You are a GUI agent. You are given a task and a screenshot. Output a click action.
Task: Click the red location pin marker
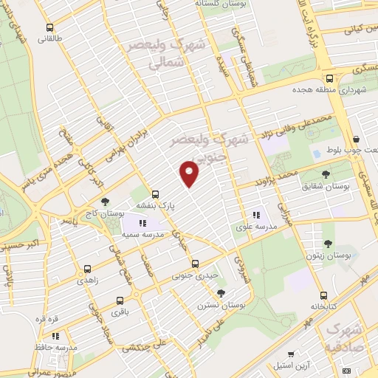(x=190, y=173)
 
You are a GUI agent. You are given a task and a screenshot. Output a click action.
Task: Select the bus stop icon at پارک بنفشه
(x=156, y=195)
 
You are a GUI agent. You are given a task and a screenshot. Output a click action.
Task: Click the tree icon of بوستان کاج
(x=106, y=201)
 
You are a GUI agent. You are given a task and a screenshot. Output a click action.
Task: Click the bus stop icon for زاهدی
(x=88, y=269)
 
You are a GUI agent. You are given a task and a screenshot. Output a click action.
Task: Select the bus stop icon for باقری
(x=122, y=301)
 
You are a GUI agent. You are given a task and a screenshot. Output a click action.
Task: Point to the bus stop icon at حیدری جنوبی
(x=195, y=264)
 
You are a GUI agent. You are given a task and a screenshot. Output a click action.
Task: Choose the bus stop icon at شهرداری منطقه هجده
(x=329, y=79)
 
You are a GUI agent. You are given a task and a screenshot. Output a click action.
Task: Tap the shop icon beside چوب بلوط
(x=357, y=139)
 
